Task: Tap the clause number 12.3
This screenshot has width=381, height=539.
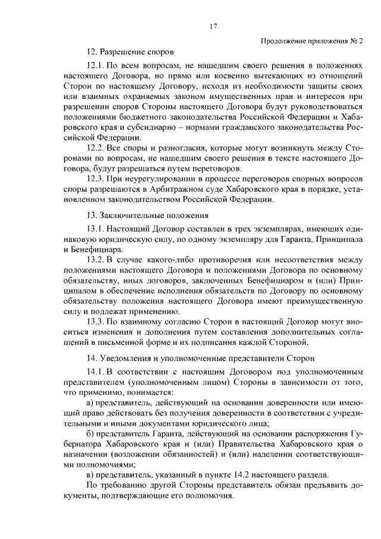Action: tap(96, 178)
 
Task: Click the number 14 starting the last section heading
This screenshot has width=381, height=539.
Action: tap(90, 360)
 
